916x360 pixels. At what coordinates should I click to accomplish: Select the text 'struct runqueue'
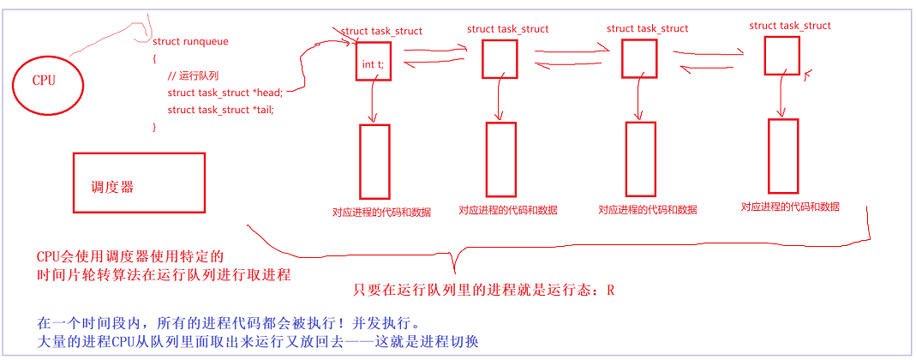190,41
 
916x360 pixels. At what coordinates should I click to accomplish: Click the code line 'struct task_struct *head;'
225,93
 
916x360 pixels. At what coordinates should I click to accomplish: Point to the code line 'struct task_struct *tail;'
220,110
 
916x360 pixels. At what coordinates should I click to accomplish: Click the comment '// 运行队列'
193,75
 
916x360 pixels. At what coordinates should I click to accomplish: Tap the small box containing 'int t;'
374,63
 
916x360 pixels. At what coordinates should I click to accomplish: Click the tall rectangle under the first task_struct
374,161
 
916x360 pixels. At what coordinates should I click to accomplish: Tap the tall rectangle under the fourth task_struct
783,156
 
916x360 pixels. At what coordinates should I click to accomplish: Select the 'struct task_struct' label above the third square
647,29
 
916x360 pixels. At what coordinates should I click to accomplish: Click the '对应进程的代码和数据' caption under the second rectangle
507,210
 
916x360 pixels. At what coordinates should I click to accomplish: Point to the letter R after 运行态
610,290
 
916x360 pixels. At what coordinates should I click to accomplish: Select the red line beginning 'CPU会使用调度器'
129,256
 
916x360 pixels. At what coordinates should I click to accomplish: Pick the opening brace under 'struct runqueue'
154,58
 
